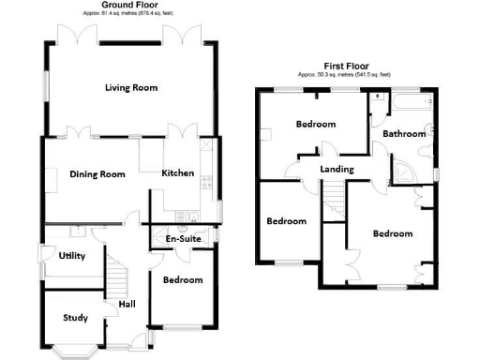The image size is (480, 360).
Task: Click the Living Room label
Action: click(130, 87)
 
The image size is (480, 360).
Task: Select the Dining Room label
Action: click(97, 173)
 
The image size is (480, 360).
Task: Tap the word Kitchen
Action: click(177, 173)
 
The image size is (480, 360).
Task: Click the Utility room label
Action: click(72, 255)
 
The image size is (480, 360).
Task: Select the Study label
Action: click(75, 318)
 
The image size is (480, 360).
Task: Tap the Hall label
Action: click(127, 305)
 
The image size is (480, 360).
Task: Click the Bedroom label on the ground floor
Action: click(183, 280)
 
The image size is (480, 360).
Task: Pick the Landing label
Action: click(337, 169)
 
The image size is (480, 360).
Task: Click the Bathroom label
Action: click(404, 134)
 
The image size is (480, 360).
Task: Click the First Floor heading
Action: click(346, 65)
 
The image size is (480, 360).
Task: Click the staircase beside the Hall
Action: click(117, 277)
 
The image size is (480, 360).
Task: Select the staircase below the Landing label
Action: click(335, 195)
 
